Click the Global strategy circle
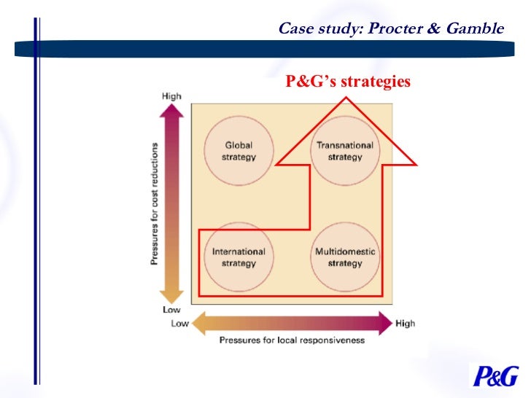coord(239,151)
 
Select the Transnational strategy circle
coord(345,151)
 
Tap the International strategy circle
coord(239,257)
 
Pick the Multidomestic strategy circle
coord(345,257)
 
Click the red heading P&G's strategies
coord(349,82)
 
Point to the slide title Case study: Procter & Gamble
coord(392,29)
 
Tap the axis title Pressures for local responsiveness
coord(292,340)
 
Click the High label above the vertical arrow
coord(171,95)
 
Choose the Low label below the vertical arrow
coord(171,310)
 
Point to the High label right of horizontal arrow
coord(405,323)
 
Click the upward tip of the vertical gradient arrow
coord(171,106)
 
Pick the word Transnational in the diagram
coord(345,145)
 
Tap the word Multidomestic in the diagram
coord(345,251)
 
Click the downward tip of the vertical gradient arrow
coord(171,302)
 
